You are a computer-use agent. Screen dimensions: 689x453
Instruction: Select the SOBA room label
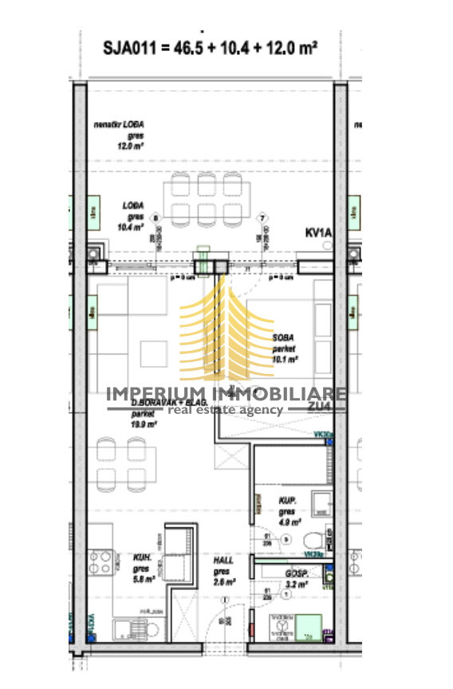285,337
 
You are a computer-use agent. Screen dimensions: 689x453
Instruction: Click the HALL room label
223,561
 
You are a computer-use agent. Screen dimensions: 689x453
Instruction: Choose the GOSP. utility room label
296,573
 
